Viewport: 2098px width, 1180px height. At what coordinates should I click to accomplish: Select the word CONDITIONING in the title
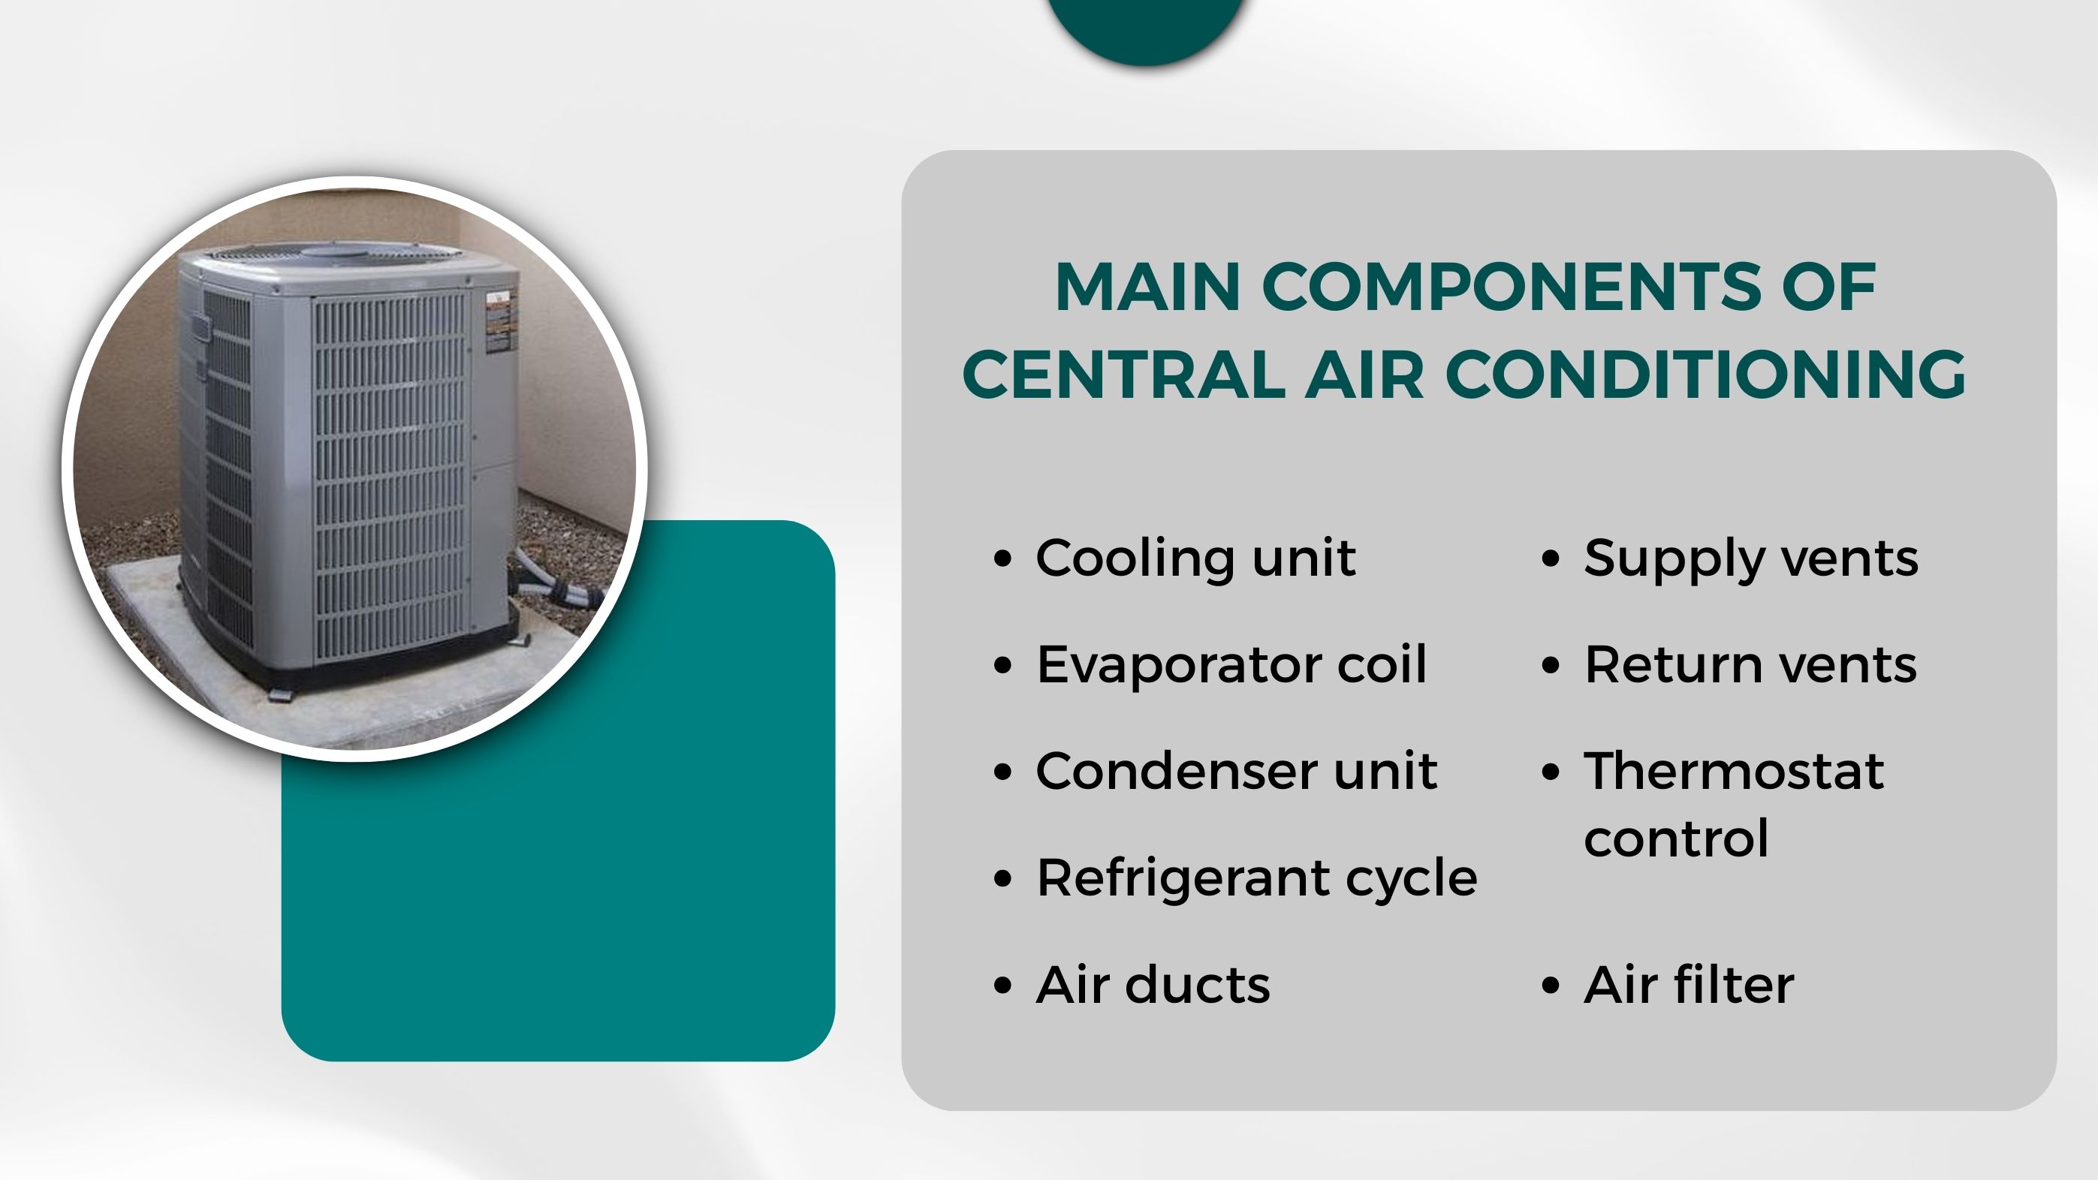1705,374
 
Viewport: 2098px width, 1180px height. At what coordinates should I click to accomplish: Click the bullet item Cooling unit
1195,558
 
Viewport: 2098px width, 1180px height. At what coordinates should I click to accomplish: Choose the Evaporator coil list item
1231,665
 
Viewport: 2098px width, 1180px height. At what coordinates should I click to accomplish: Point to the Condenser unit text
1236,771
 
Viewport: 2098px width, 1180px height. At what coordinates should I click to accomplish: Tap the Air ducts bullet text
1153,985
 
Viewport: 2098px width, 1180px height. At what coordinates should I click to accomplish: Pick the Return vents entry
1750,665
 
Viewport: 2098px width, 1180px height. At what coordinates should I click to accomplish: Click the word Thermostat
1734,771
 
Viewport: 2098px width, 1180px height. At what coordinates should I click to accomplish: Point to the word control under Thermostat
1676,838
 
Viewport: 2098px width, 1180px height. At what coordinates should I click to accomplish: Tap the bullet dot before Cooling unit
1003,559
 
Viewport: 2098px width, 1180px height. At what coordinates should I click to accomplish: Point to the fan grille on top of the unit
335,254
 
